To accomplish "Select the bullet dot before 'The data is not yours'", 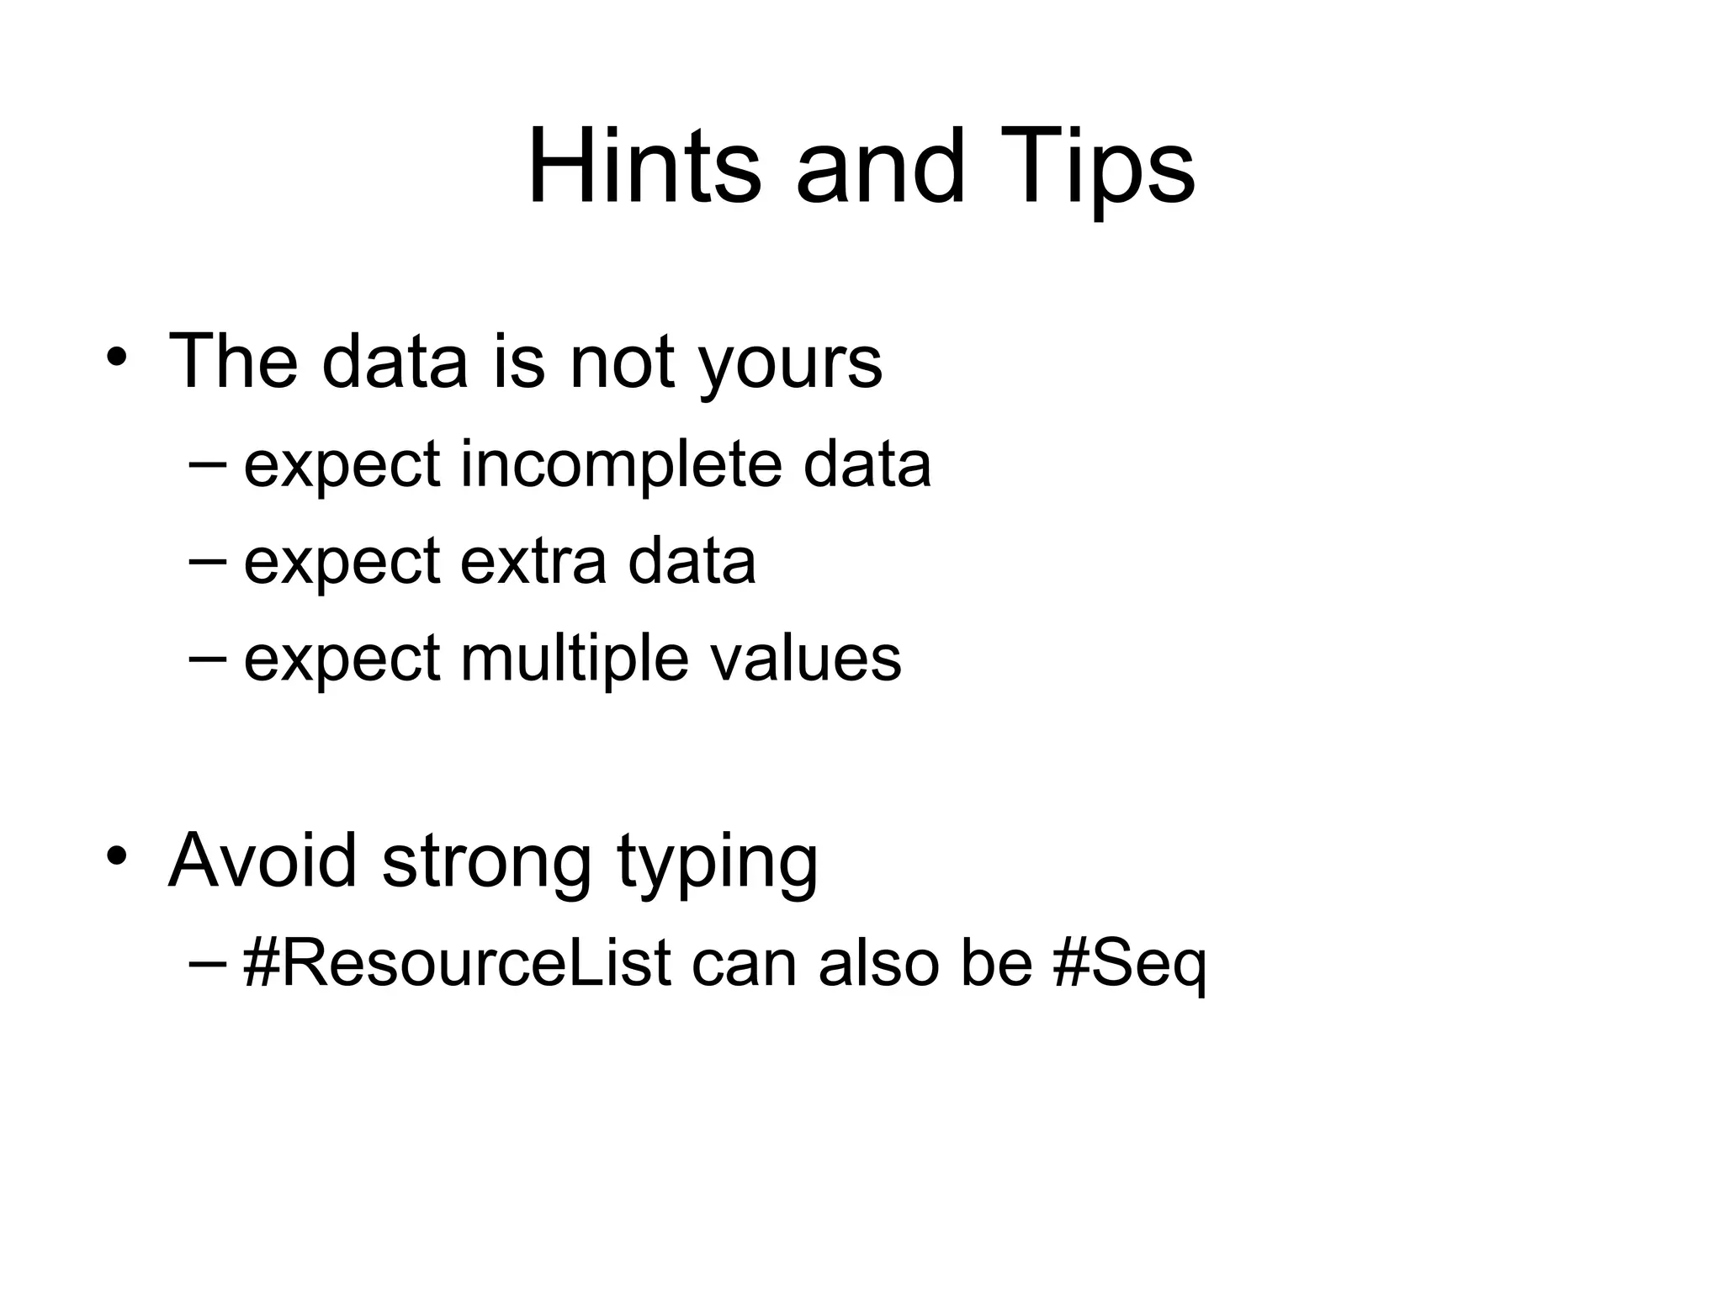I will click(117, 357).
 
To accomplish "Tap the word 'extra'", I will click(533, 562).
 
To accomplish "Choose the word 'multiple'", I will click(575, 659).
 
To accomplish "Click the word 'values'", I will click(806, 659).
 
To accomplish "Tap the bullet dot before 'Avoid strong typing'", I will click(117, 856).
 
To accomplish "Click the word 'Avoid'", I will click(262, 860).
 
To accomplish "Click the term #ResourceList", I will click(457, 962).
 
